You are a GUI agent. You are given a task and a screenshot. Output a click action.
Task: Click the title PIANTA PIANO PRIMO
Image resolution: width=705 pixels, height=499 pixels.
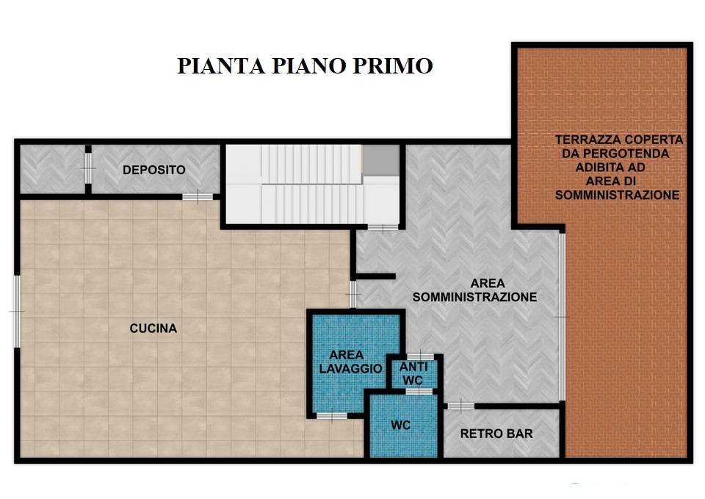click(x=305, y=65)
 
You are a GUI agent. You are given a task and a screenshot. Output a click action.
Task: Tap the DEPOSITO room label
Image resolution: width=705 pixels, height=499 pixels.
click(x=153, y=170)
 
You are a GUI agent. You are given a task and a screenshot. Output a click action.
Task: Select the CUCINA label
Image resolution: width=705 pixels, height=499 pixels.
click(x=153, y=329)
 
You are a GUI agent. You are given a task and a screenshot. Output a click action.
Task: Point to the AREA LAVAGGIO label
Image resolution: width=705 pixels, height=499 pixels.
click(x=350, y=362)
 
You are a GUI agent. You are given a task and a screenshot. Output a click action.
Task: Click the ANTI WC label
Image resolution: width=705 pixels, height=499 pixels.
click(x=413, y=373)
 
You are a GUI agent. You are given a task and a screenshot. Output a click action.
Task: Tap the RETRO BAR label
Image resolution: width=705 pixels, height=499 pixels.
click(x=496, y=434)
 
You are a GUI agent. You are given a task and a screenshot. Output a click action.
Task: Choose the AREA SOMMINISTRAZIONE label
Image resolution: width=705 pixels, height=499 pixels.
click(x=475, y=290)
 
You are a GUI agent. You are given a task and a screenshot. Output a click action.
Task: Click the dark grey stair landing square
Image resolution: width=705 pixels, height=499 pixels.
click(x=381, y=160)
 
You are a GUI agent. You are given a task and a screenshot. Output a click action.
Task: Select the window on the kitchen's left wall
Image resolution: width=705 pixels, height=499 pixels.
click(x=17, y=312)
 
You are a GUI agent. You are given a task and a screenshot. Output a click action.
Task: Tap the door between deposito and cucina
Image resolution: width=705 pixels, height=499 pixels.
click(x=198, y=197)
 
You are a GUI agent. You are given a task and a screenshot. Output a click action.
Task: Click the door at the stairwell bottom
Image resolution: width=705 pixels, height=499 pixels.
click(x=383, y=227)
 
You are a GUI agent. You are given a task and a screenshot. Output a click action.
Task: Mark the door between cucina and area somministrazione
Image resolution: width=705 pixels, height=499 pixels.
click(x=353, y=294)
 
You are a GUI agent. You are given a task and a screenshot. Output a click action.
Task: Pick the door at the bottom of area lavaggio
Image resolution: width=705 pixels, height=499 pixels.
click(x=332, y=416)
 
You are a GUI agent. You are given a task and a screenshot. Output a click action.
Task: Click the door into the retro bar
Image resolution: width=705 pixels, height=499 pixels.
click(x=461, y=406)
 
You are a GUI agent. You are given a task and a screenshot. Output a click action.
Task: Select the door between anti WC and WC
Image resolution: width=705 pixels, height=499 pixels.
click(x=419, y=392)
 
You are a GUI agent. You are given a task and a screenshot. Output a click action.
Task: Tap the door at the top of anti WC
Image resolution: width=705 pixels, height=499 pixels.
click(x=420, y=357)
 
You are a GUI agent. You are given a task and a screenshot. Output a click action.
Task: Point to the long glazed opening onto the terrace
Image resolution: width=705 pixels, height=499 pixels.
click(x=562, y=317)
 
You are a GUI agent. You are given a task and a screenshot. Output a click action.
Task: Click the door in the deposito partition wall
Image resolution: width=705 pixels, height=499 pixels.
click(x=88, y=168)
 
